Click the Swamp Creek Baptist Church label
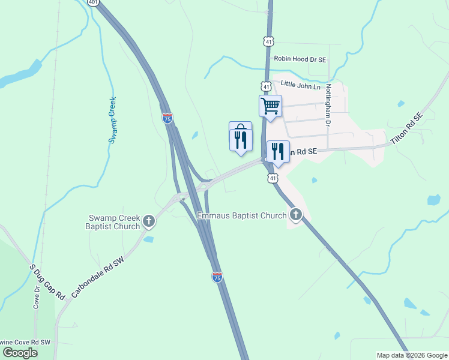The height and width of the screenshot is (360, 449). [113, 222]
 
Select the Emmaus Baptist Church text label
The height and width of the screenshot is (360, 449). [242, 215]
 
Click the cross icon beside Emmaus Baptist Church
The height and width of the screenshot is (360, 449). [295, 214]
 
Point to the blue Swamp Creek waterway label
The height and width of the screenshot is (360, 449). [112, 120]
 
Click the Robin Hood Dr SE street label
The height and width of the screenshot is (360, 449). [300, 59]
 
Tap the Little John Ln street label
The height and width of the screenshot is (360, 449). [301, 86]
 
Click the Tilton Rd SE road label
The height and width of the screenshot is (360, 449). [407, 128]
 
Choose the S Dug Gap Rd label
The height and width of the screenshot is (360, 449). [47, 281]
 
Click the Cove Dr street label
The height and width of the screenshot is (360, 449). [37, 297]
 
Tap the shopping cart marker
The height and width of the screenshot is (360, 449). [270, 106]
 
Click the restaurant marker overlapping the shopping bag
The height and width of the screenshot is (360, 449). [240, 140]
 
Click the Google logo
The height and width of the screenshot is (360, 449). [20, 353]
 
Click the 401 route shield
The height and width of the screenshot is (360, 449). [92, 2]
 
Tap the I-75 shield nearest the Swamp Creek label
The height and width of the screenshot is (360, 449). [167, 118]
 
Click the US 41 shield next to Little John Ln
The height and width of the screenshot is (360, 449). [266, 86]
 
